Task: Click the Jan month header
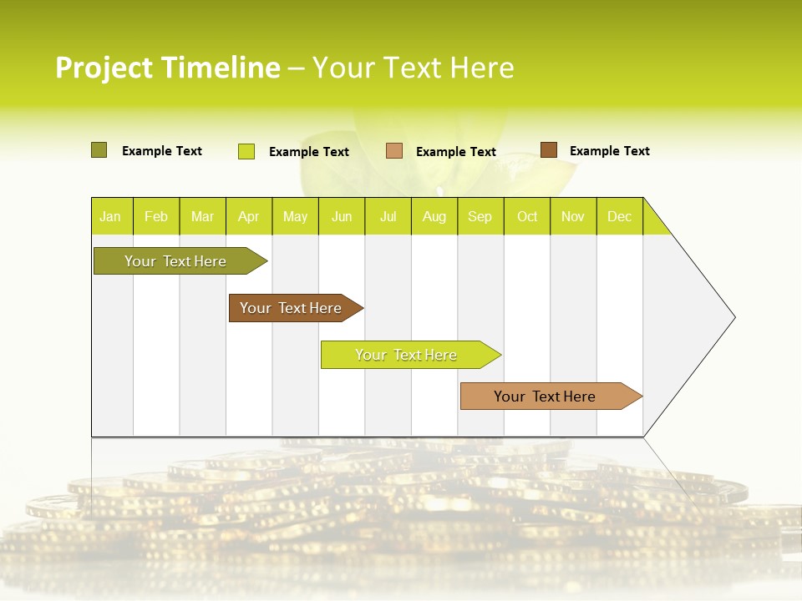110,216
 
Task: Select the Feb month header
156,216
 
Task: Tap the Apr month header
248,216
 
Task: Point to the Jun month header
342,216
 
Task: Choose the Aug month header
434,216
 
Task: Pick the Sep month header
480,216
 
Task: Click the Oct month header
527,216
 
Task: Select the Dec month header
619,216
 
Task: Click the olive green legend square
99,150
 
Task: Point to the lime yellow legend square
246,151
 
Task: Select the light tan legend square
394,151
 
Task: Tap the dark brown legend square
548,150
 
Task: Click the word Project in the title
104,68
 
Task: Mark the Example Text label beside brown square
609,151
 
